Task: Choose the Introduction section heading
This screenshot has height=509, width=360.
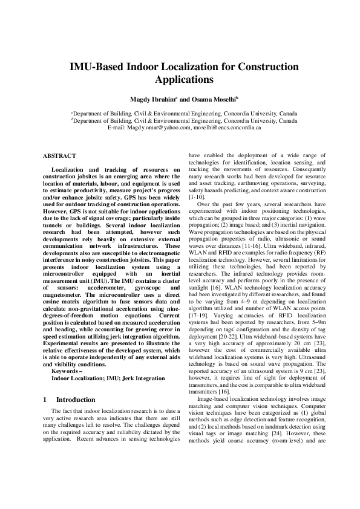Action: coord(75,400)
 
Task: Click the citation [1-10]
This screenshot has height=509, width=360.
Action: coord(198,198)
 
